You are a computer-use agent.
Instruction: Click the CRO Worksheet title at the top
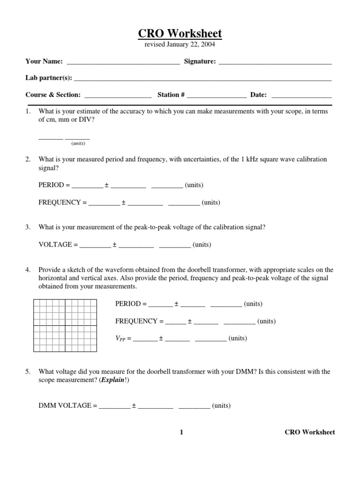[180, 34]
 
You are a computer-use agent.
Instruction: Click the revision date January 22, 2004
[180, 45]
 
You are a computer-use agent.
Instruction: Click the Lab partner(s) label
[49, 78]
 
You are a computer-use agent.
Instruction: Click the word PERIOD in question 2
[51, 185]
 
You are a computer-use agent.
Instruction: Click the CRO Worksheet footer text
[309, 432]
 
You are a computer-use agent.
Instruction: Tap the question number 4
[28, 270]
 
